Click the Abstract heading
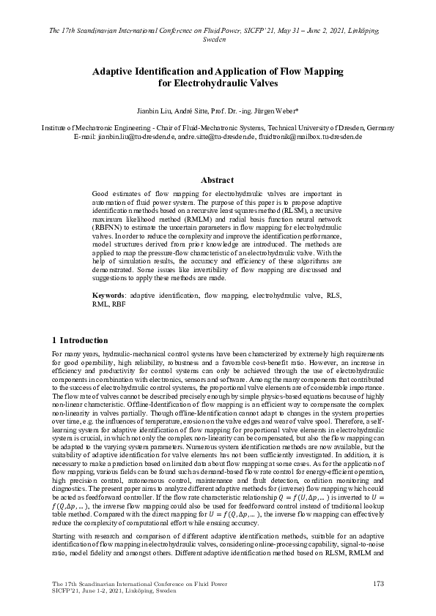(218, 180)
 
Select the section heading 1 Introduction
(81, 340)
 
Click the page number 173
(379, 583)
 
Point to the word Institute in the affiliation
(56, 127)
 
